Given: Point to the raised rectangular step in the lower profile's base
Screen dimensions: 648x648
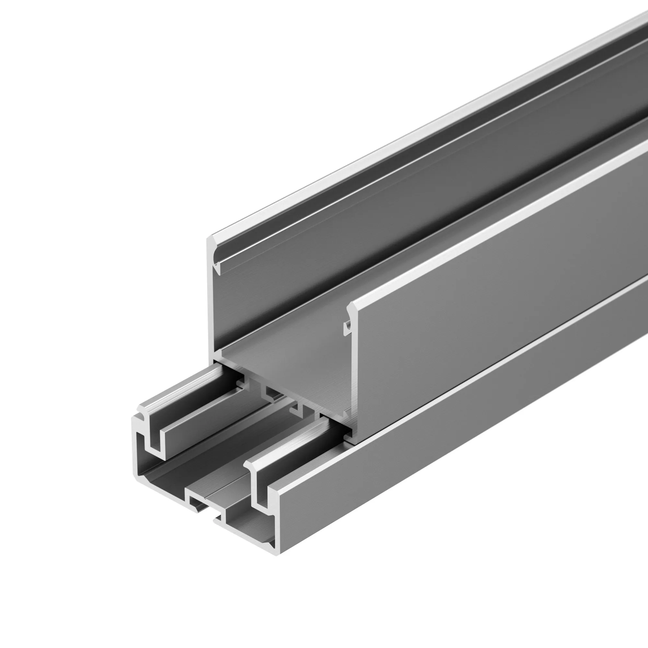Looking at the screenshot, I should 198,503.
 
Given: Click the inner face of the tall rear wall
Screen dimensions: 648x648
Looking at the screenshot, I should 369,235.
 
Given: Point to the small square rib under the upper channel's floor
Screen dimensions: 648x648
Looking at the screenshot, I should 268,391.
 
